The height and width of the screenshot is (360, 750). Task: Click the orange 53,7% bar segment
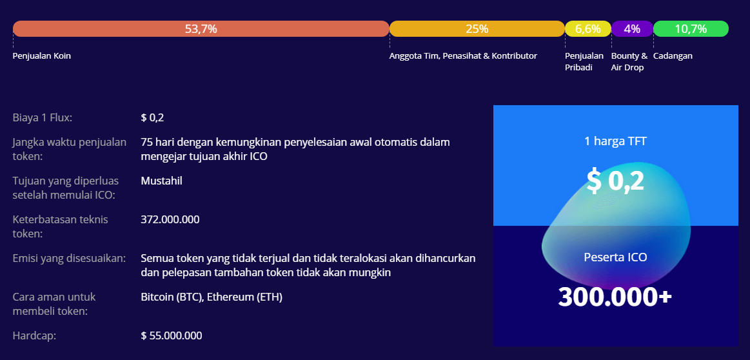point(201,29)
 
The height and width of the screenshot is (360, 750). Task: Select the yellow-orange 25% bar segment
point(477,29)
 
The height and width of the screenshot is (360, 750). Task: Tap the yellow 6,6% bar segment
point(588,29)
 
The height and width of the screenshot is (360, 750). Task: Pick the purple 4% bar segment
point(632,29)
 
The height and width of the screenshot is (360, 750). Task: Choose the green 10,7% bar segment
point(691,29)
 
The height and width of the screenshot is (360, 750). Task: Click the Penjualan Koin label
point(42,56)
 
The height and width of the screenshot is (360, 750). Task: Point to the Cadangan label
point(673,56)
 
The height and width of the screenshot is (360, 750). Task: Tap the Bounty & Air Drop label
point(629,62)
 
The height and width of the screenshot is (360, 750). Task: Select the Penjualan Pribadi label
point(584,62)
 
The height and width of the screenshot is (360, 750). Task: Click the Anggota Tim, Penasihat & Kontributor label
point(463,56)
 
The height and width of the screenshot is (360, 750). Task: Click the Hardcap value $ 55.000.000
point(172,335)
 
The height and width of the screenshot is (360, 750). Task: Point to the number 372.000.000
point(170,220)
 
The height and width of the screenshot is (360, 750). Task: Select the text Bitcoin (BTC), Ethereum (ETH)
point(212,297)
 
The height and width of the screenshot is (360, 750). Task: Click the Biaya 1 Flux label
point(43,118)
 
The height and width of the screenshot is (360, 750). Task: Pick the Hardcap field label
point(34,336)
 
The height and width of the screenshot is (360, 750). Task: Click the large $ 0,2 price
point(615,181)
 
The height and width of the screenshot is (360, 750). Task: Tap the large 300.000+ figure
point(615,297)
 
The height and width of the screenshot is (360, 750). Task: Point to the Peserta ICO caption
point(615,257)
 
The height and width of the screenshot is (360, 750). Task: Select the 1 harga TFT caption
point(616,141)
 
